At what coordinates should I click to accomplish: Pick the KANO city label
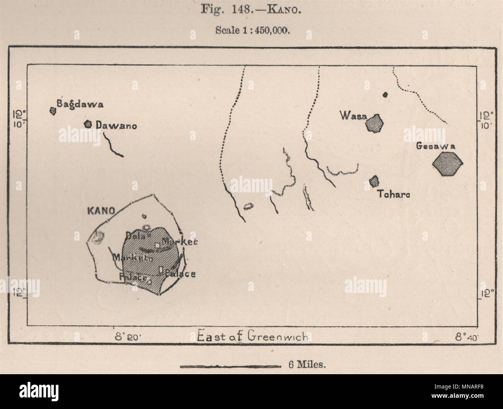pyautogui.click(x=101, y=211)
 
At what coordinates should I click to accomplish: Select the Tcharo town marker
pyautogui.click(x=374, y=180)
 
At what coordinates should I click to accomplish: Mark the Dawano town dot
pyautogui.click(x=88, y=124)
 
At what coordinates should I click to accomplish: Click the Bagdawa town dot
pyautogui.click(x=53, y=111)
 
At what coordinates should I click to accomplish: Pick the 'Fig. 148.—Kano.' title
pyautogui.click(x=250, y=10)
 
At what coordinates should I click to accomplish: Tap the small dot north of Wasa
pyautogui.click(x=385, y=94)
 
